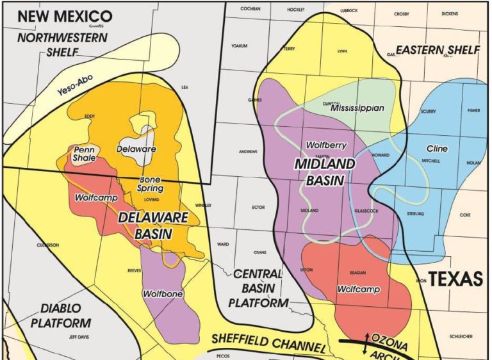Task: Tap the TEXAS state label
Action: [x=455, y=279]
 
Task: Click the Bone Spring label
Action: [x=151, y=184]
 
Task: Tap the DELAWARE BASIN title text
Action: [x=153, y=225]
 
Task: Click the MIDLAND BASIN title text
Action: [x=324, y=172]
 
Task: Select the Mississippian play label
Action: [x=357, y=108]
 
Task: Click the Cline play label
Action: [x=437, y=149]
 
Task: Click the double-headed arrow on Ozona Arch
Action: [x=365, y=343]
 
